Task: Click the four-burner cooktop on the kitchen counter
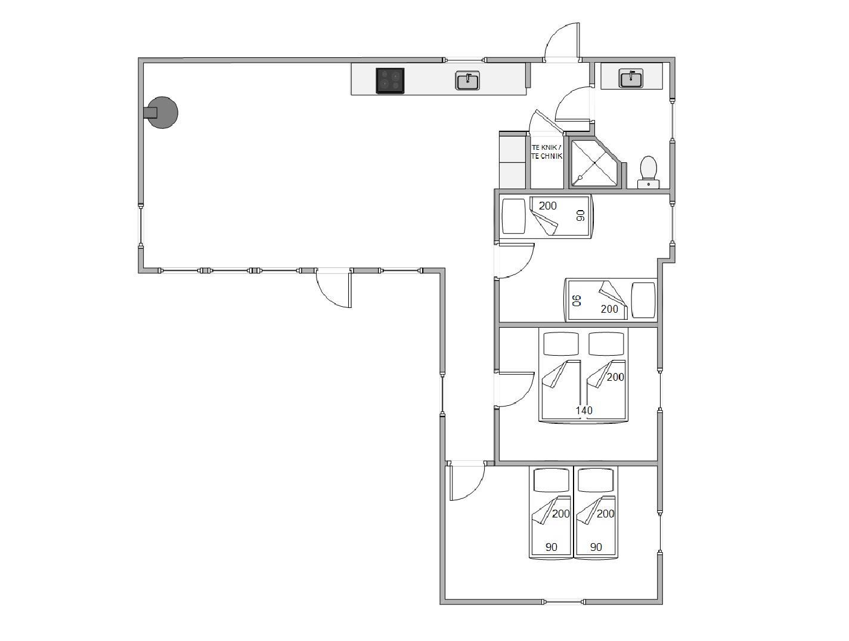390,81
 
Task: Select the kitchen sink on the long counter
467,81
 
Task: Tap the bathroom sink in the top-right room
631,78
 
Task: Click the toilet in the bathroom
649,172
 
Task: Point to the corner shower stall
594,162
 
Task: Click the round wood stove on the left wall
162,113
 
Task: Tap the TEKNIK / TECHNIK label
547,152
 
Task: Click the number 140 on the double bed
584,410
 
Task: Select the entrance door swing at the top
562,42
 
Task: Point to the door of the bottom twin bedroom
466,481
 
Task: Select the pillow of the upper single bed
513,217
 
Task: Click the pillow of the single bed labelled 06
643,300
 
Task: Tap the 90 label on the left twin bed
551,547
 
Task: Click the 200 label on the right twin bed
605,514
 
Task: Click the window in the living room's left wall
141,225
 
